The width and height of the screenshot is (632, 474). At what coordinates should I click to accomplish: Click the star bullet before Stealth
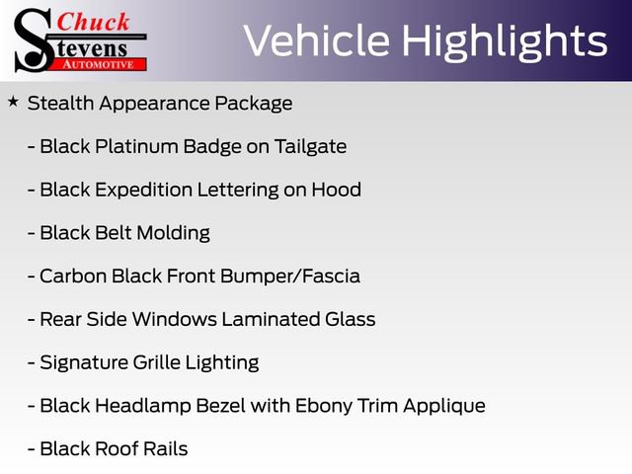point(13,102)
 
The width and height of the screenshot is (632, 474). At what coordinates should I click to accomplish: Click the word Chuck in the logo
point(93,22)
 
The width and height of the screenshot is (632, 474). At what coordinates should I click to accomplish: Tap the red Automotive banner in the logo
point(100,64)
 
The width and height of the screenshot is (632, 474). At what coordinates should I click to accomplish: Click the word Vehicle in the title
point(317,40)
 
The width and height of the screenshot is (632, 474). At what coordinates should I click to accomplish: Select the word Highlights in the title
point(505,41)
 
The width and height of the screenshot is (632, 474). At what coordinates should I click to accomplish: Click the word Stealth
point(60,103)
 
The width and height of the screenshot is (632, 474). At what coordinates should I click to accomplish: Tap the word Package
point(253,104)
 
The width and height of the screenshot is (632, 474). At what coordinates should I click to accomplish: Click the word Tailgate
point(310,147)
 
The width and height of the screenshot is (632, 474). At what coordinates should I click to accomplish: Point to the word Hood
point(336,190)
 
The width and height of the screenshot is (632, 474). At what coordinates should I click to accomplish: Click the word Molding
point(174,233)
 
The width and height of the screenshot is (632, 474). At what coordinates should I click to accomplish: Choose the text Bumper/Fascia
point(290,276)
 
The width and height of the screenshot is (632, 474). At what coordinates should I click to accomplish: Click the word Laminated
point(271,319)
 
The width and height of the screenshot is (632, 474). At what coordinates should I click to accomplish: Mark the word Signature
point(84,362)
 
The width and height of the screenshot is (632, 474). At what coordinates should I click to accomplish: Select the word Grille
point(156,362)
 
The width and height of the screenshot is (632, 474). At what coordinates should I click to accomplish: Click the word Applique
point(444,406)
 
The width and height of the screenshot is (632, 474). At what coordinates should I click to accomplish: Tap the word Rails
point(165,448)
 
